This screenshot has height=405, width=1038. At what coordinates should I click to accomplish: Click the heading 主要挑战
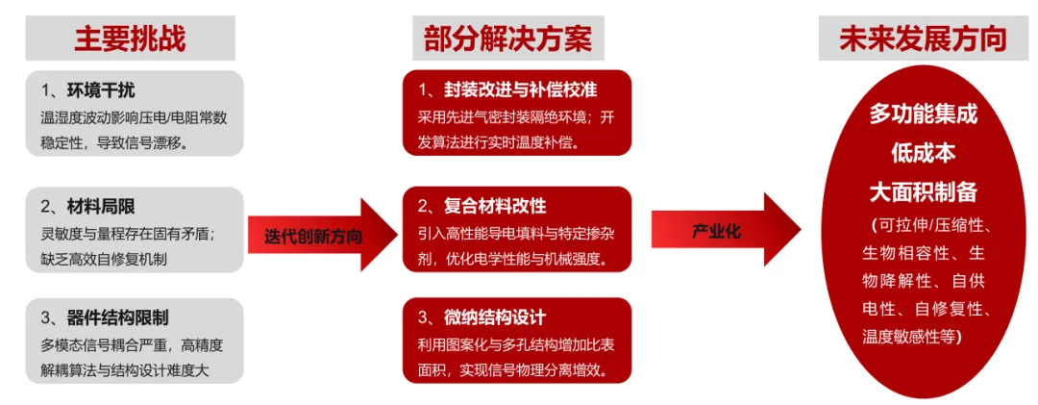point(130,38)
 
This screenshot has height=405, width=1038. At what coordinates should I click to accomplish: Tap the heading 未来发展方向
point(923,38)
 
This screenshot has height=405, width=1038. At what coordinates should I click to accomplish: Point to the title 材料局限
point(100,206)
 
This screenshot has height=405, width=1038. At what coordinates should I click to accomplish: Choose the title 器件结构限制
point(118,317)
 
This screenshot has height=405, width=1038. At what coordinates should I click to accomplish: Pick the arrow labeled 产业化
point(717,232)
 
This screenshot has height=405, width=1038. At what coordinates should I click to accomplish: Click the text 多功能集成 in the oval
point(923,114)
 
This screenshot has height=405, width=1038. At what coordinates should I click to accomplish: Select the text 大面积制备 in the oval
point(923,191)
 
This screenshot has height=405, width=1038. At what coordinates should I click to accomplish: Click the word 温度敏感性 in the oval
point(898,336)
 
